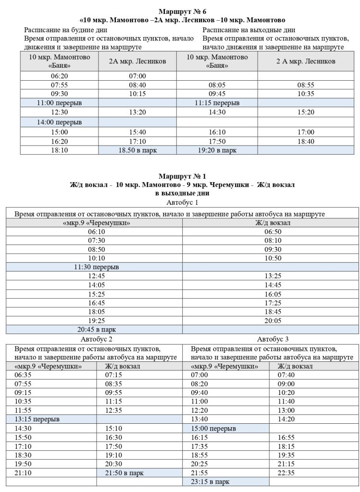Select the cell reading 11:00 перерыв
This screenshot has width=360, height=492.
(x=60, y=103)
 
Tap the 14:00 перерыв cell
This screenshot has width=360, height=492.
(x=60, y=122)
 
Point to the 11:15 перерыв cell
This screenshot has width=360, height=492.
(x=217, y=103)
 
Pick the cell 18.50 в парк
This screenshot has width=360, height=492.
(x=138, y=150)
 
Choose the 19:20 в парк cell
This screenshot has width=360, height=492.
(x=217, y=150)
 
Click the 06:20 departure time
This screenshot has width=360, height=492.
(x=60, y=76)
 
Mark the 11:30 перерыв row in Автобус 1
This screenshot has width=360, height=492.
(x=96, y=267)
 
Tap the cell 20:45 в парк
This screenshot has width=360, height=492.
(x=96, y=330)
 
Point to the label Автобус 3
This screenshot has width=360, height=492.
(x=273, y=339)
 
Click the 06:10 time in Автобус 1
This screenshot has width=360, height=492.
(x=96, y=231)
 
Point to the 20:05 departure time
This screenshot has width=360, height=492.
(x=273, y=320)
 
